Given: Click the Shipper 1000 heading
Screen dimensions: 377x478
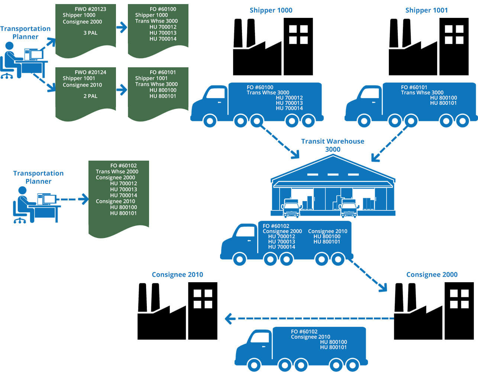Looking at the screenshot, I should [x=271, y=10].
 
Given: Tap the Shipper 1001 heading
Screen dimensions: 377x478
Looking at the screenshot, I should [x=426, y=10].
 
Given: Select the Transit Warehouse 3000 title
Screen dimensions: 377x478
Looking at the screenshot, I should [x=332, y=145].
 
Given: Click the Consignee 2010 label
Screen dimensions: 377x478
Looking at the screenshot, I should [x=177, y=275].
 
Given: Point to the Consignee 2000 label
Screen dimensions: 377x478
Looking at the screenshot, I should [x=432, y=275].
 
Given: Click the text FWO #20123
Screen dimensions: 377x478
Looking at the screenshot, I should [x=90, y=9].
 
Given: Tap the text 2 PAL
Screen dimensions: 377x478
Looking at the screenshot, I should [x=90, y=96].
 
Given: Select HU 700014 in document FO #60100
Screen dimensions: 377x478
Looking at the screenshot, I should [x=163, y=39].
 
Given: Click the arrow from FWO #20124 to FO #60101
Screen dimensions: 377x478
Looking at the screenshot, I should [x=122, y=90].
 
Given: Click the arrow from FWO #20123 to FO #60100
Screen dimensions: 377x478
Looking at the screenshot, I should [x=122, y=28].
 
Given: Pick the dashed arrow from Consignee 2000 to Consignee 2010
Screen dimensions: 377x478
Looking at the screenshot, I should [x=309, y=319].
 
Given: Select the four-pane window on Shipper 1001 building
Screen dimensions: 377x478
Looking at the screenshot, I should [x=454, y=34].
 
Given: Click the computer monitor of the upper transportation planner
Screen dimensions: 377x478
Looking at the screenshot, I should [x=36, y=55].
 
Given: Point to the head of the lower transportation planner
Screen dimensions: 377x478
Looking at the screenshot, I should [x=22, y=190].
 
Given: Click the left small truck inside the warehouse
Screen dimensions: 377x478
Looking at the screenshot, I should [x=291, y=209].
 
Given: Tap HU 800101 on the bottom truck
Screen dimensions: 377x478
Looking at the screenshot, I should [x=333, y=347].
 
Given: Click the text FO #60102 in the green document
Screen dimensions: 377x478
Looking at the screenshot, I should [x=123, y=165].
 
